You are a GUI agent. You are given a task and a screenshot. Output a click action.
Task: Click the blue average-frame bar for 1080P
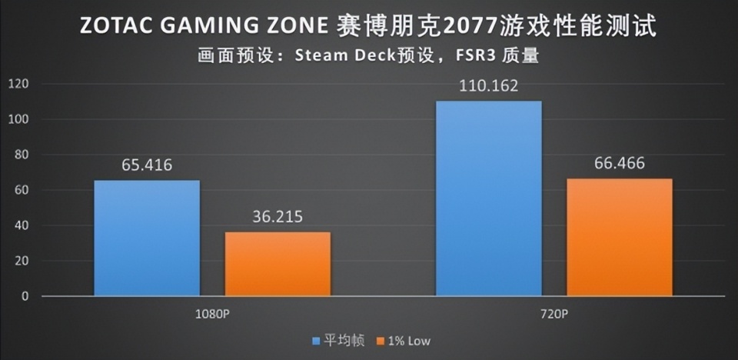[x=147, y=238]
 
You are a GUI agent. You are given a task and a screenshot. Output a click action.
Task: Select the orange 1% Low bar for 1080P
[x=278, y=264]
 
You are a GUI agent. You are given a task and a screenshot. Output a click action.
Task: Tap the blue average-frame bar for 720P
[x=488, y=198]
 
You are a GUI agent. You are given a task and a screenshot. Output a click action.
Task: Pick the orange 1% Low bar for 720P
[x=620, y=237]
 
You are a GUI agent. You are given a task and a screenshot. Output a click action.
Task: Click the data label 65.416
[x=146, y=165]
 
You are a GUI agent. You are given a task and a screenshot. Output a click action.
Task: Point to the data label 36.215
[x=278, y=217]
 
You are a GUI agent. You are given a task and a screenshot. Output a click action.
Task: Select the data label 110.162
[x=488, y=85]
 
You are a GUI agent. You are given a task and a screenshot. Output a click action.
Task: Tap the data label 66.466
[x=619, y=164]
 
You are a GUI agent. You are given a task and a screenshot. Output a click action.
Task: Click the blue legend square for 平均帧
[x=315, y=340]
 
